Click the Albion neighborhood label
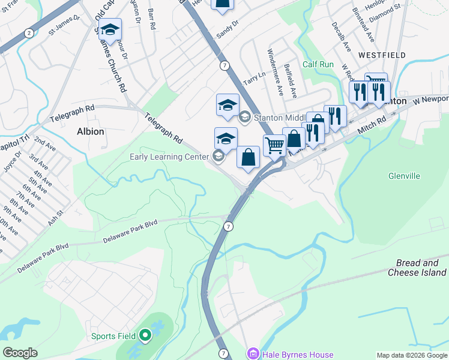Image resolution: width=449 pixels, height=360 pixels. click(90, 131)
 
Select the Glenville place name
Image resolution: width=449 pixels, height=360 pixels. click(421, 176)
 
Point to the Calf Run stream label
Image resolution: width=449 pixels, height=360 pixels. click(318, 64)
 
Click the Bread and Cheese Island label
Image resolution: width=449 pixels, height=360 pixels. click(421, 268)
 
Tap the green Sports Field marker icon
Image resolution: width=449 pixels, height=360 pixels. click(146, 336)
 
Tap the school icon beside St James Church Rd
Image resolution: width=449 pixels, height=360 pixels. click(110, 29)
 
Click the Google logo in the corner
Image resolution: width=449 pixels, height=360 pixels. click(20, 353)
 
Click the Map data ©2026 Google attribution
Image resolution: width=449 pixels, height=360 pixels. click(412, 355)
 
